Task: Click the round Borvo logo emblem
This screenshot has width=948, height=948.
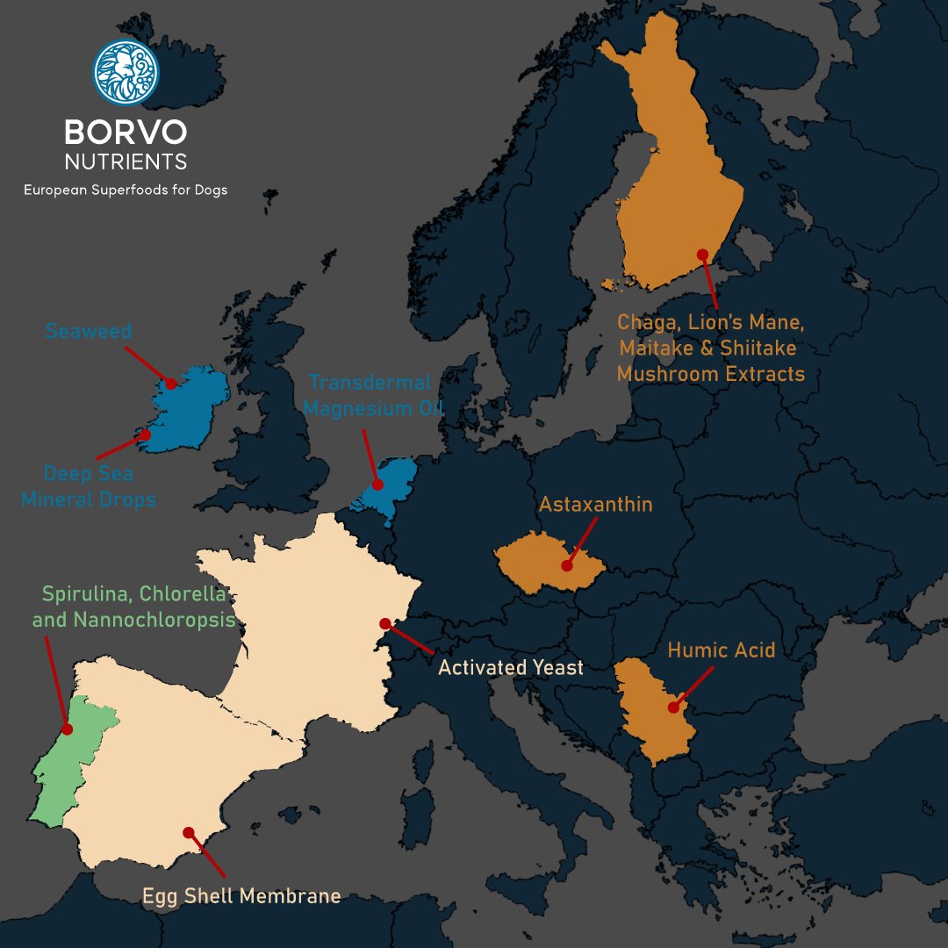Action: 126,71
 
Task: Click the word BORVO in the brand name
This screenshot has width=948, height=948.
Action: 126,133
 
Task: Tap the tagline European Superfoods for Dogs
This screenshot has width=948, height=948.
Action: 126,190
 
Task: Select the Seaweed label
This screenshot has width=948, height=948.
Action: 89,332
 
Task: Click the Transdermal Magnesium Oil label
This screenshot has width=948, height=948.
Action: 370,395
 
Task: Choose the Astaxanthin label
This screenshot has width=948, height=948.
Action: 596,506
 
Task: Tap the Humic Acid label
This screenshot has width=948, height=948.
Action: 722,650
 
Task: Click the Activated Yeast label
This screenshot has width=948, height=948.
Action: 511,668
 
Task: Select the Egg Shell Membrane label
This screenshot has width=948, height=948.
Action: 241,896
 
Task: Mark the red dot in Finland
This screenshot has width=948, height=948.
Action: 702,255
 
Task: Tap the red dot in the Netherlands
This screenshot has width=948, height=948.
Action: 377,485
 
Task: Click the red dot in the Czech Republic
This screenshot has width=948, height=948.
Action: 568,566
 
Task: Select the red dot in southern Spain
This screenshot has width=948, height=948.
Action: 187,832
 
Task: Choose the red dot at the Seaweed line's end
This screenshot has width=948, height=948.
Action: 171,384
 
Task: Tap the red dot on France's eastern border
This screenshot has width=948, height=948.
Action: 385,623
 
